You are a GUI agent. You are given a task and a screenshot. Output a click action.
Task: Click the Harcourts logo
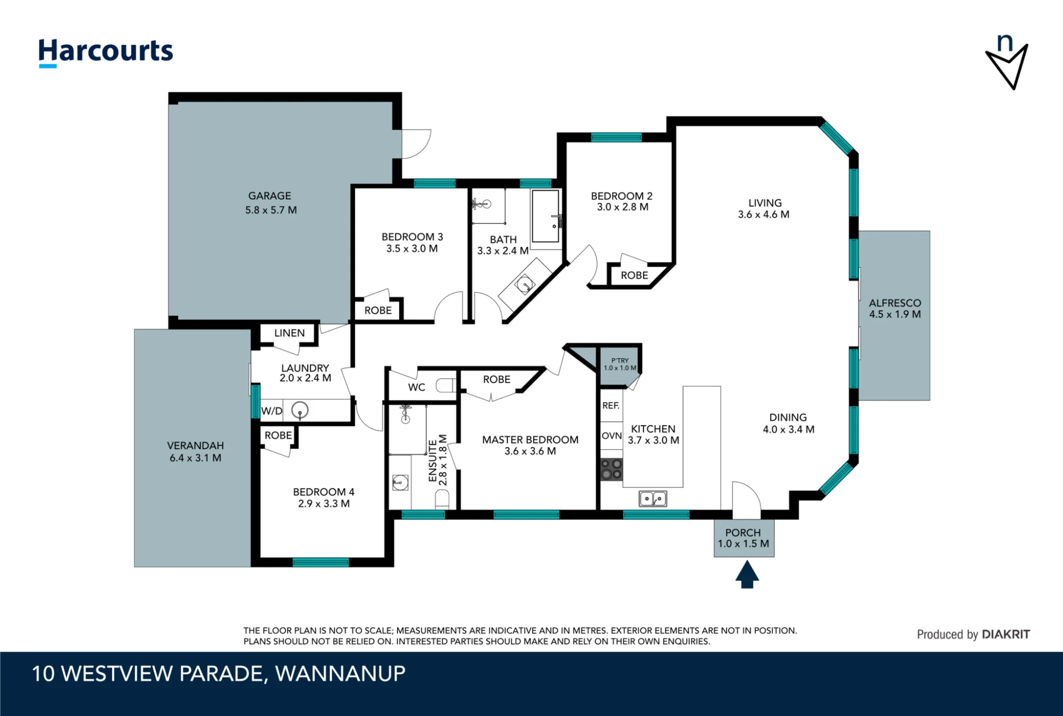[x=106, y=53]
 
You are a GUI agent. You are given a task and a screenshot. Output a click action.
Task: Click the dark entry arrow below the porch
[x=747, y=575]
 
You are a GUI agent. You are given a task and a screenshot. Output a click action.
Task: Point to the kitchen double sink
[x=653, y=499]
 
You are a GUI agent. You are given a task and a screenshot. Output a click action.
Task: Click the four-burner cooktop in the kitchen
[x=611, y=470]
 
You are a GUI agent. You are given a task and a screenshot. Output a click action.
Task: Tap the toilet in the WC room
[x=446, y=385]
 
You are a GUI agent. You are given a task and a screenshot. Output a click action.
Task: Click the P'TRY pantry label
[x=620, y=361]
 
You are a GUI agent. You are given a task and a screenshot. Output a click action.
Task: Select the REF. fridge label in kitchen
[x=611, y=406]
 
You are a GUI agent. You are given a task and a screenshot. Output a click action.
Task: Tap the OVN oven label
[x=612, y=436]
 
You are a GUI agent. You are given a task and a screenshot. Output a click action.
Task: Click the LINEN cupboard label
[x=290, y=333]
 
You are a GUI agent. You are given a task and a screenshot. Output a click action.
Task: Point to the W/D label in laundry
[x=272, y=411]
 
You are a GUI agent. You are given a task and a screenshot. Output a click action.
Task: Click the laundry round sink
[x=300, y=410]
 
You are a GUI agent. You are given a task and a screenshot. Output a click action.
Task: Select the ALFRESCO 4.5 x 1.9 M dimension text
[x=895, y=314]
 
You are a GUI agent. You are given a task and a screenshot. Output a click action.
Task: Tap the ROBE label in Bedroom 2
[x=635, y=275]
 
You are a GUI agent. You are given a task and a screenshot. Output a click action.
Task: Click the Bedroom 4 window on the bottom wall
[x=320, y=562]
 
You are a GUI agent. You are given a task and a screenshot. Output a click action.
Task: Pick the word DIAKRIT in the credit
[x=1006, y=634]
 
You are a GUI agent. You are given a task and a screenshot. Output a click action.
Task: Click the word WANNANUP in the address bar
[x=340, y=674]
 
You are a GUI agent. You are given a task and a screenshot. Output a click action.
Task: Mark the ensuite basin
[x=400, y=483]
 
